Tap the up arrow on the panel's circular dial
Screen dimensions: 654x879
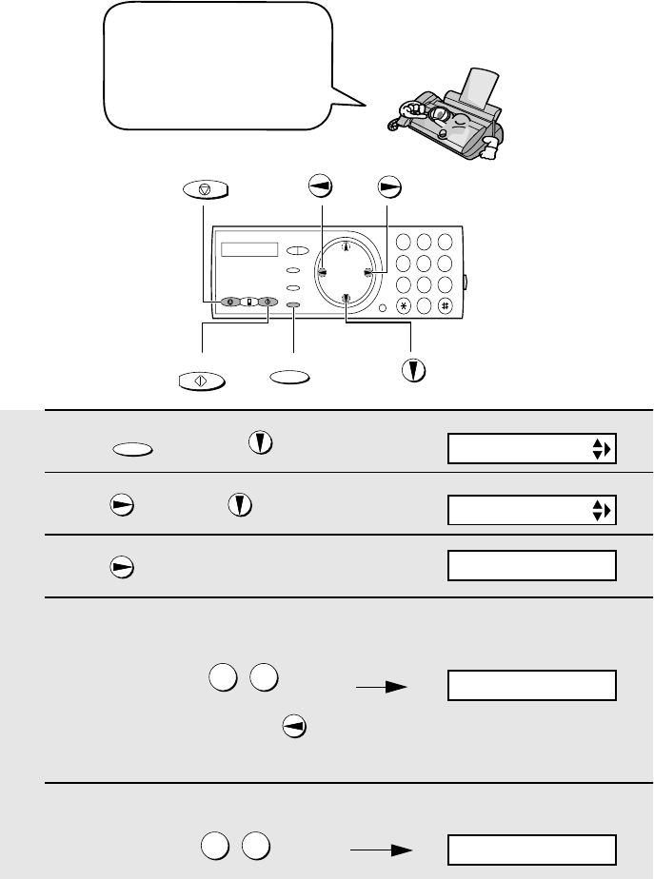pos(346,241)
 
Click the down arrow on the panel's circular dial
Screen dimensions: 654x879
pos(346,298)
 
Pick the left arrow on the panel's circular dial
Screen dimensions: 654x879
pos(322,271)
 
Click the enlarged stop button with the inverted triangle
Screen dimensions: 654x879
pos(205,189)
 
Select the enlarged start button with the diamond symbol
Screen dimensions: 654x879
pos(202,382)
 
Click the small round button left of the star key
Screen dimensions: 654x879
pos(380,308)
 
